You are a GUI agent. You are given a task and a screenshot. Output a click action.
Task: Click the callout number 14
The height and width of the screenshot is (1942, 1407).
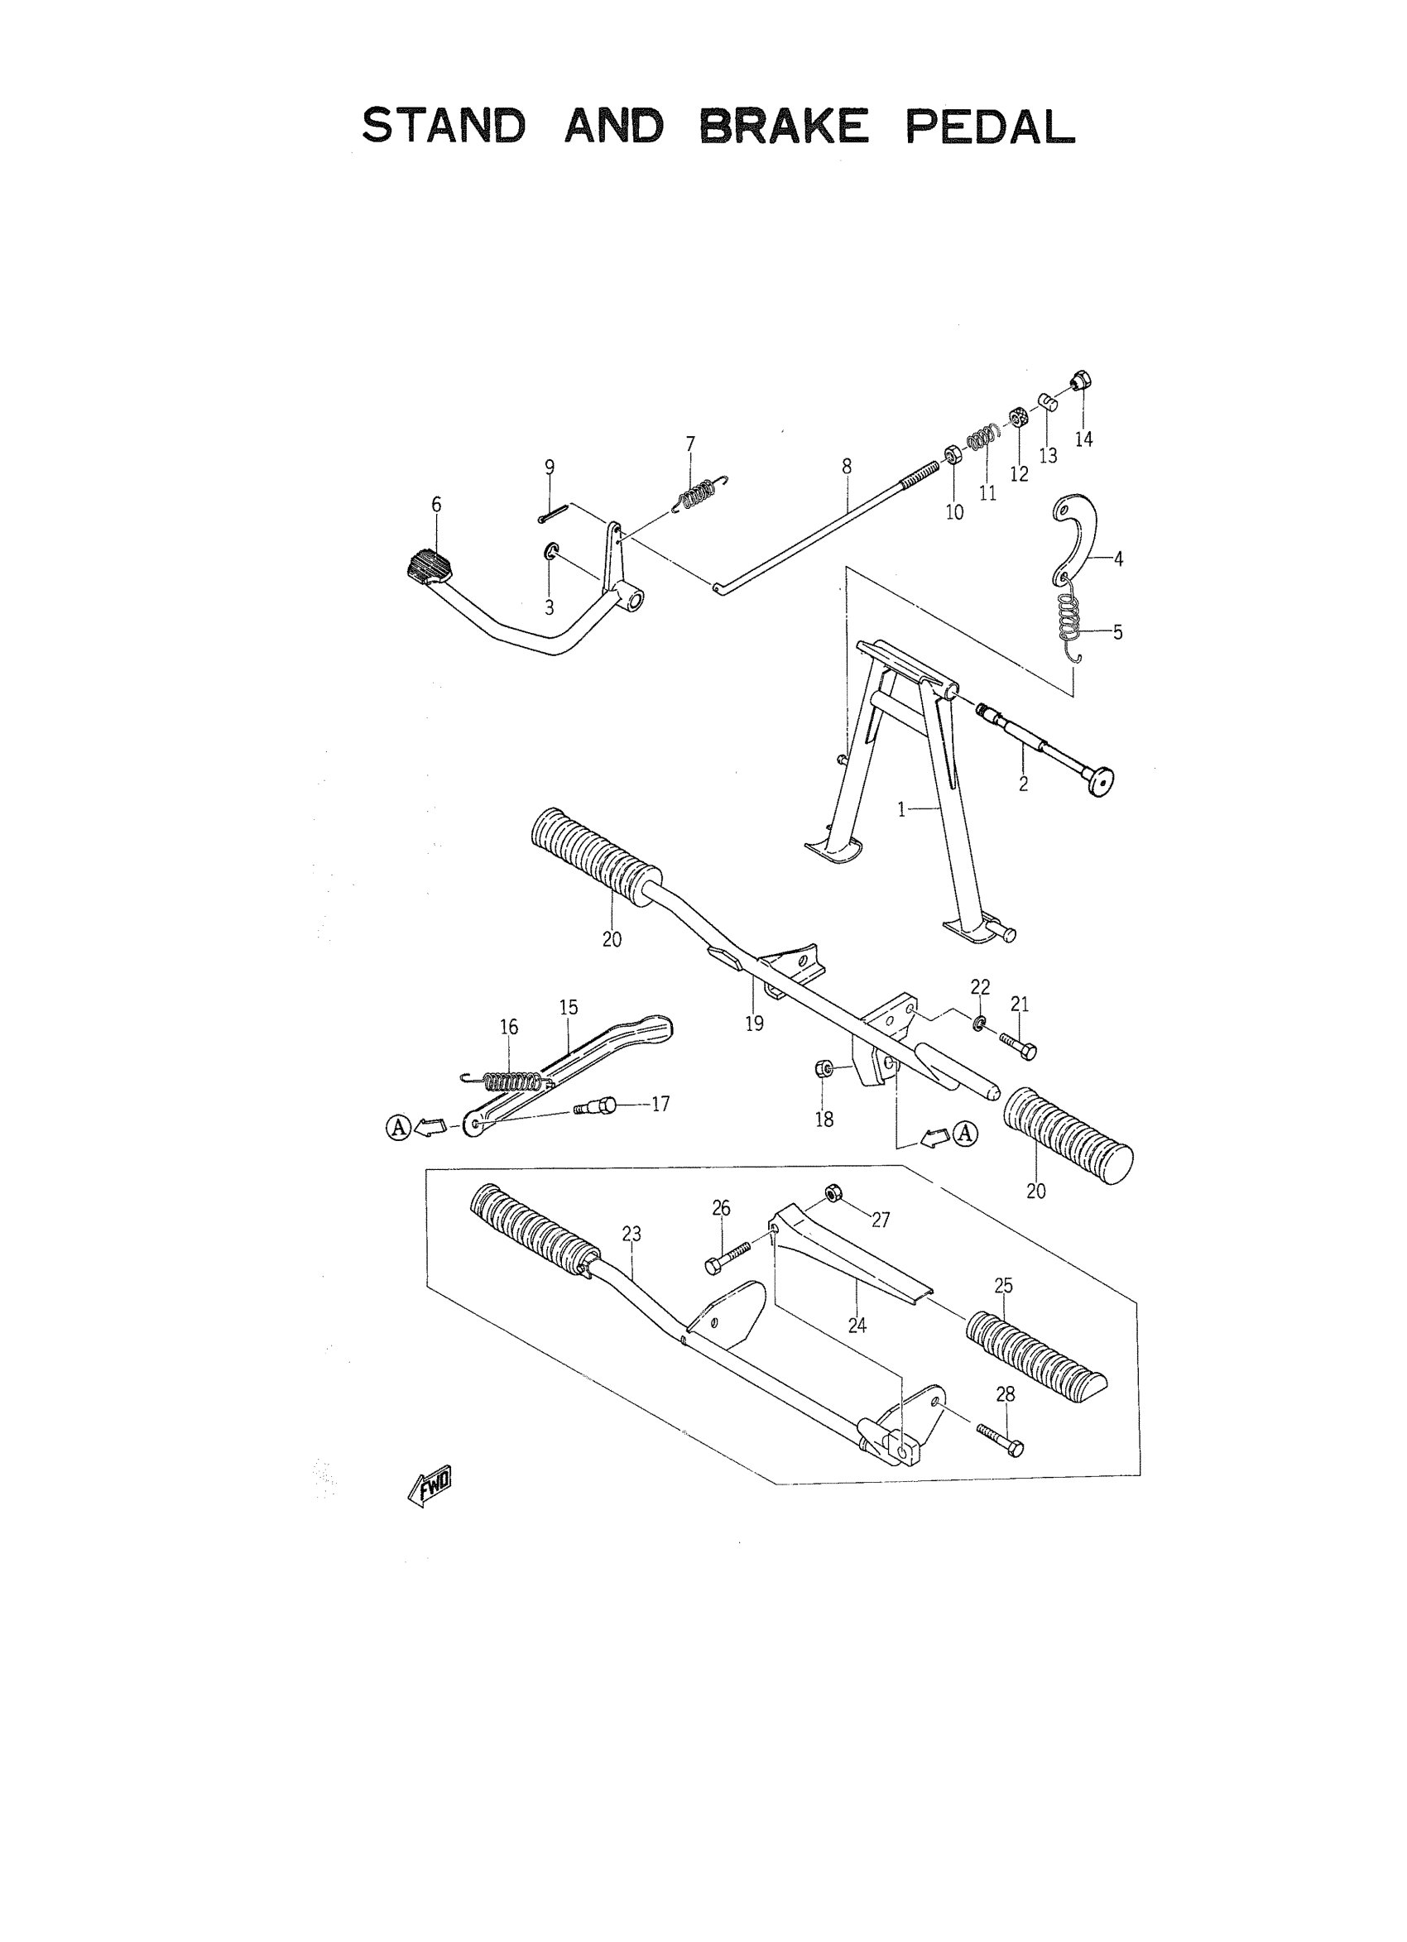[x=1083, y=439]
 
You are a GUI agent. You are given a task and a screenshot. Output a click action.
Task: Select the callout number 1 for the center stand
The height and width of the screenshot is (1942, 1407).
[x=900, y=809]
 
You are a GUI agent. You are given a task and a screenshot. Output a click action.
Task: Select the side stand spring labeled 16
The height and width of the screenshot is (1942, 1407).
[x=510, y=1080]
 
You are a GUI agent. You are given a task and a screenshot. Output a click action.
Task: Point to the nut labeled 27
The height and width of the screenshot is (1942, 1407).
[x=832, y=1194]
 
